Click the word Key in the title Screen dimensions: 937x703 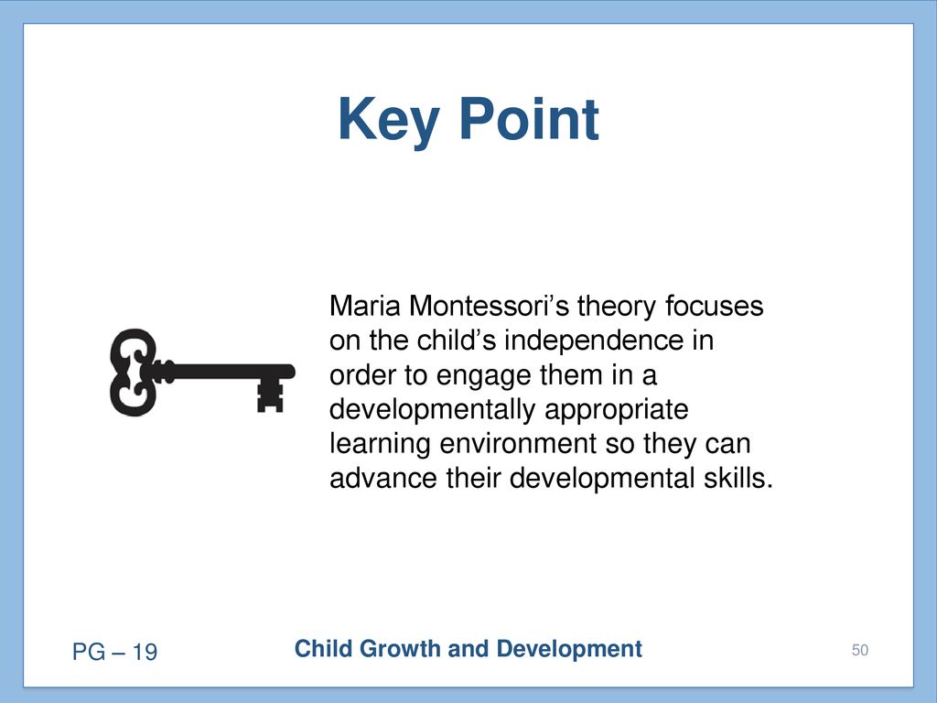tap(389, 121)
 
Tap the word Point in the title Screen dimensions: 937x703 tap(530, 120)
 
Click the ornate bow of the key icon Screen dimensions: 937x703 tap(134, 372)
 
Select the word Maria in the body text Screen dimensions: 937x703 tap(364, 306)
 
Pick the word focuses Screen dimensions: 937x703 tap(714, 306)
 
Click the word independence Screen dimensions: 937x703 tap(594, 341)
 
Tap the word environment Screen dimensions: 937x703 tap(518, 444)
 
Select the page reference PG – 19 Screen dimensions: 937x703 tap(114, 652)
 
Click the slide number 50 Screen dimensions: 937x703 tap(860, 650)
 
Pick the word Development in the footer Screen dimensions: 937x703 tap(569, 650)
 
